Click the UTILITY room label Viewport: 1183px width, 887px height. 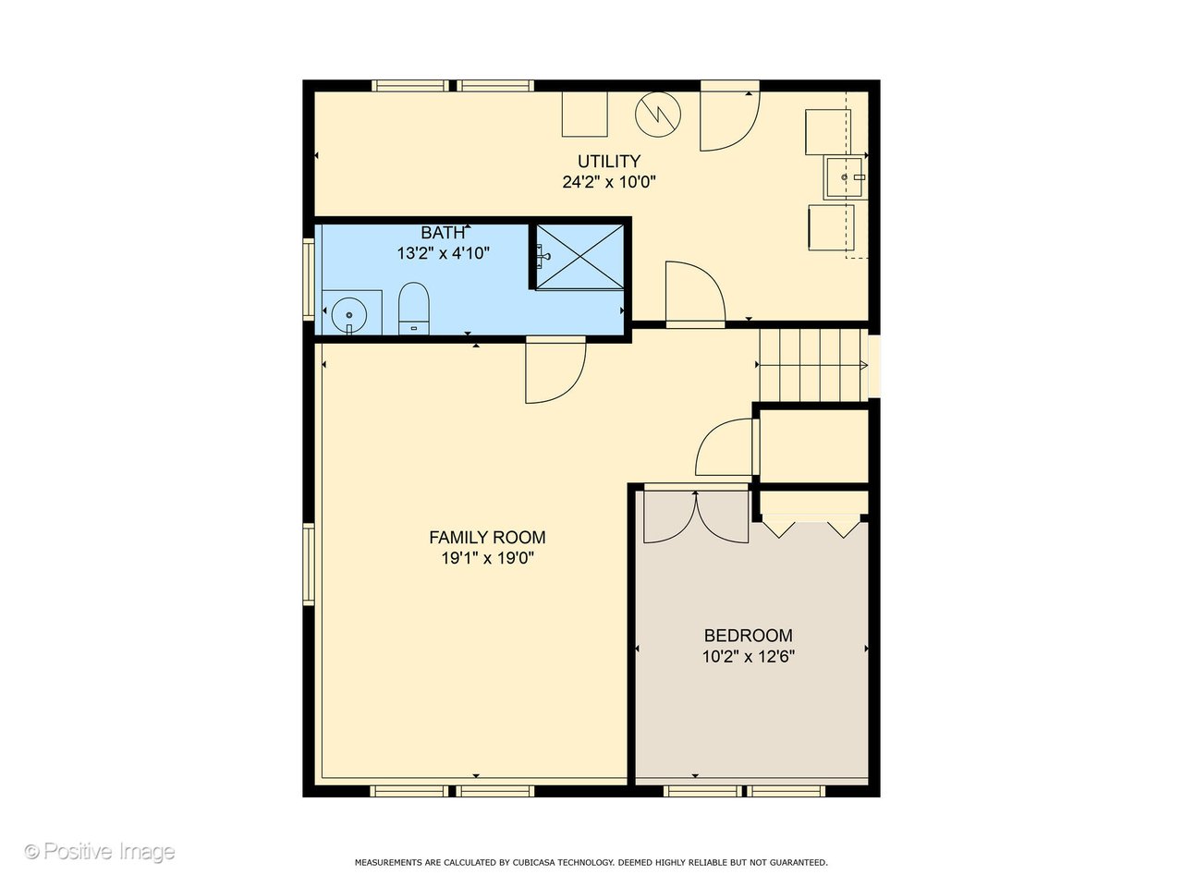(x=608, y=162)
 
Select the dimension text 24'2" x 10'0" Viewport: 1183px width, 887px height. (x=608, y=182)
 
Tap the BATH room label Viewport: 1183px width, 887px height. (x=443, y=233)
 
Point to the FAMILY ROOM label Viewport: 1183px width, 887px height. (x=487, y=537)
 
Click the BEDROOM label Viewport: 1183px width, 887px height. (x=748, y=636)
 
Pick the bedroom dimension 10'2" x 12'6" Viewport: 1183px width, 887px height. (x=748, y=657)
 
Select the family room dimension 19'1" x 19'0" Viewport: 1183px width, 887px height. (x=487, y=558)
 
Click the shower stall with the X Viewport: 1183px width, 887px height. (x=580, y=256)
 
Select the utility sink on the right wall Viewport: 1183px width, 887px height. (x=846, y=176)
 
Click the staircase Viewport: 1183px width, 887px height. (x=811, y=365)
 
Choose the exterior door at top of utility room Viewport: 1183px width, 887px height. (x=728, y=117)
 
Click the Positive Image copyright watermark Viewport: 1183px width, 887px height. (x=99, y=851)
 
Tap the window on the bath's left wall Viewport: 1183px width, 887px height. (x=310, y=279)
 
